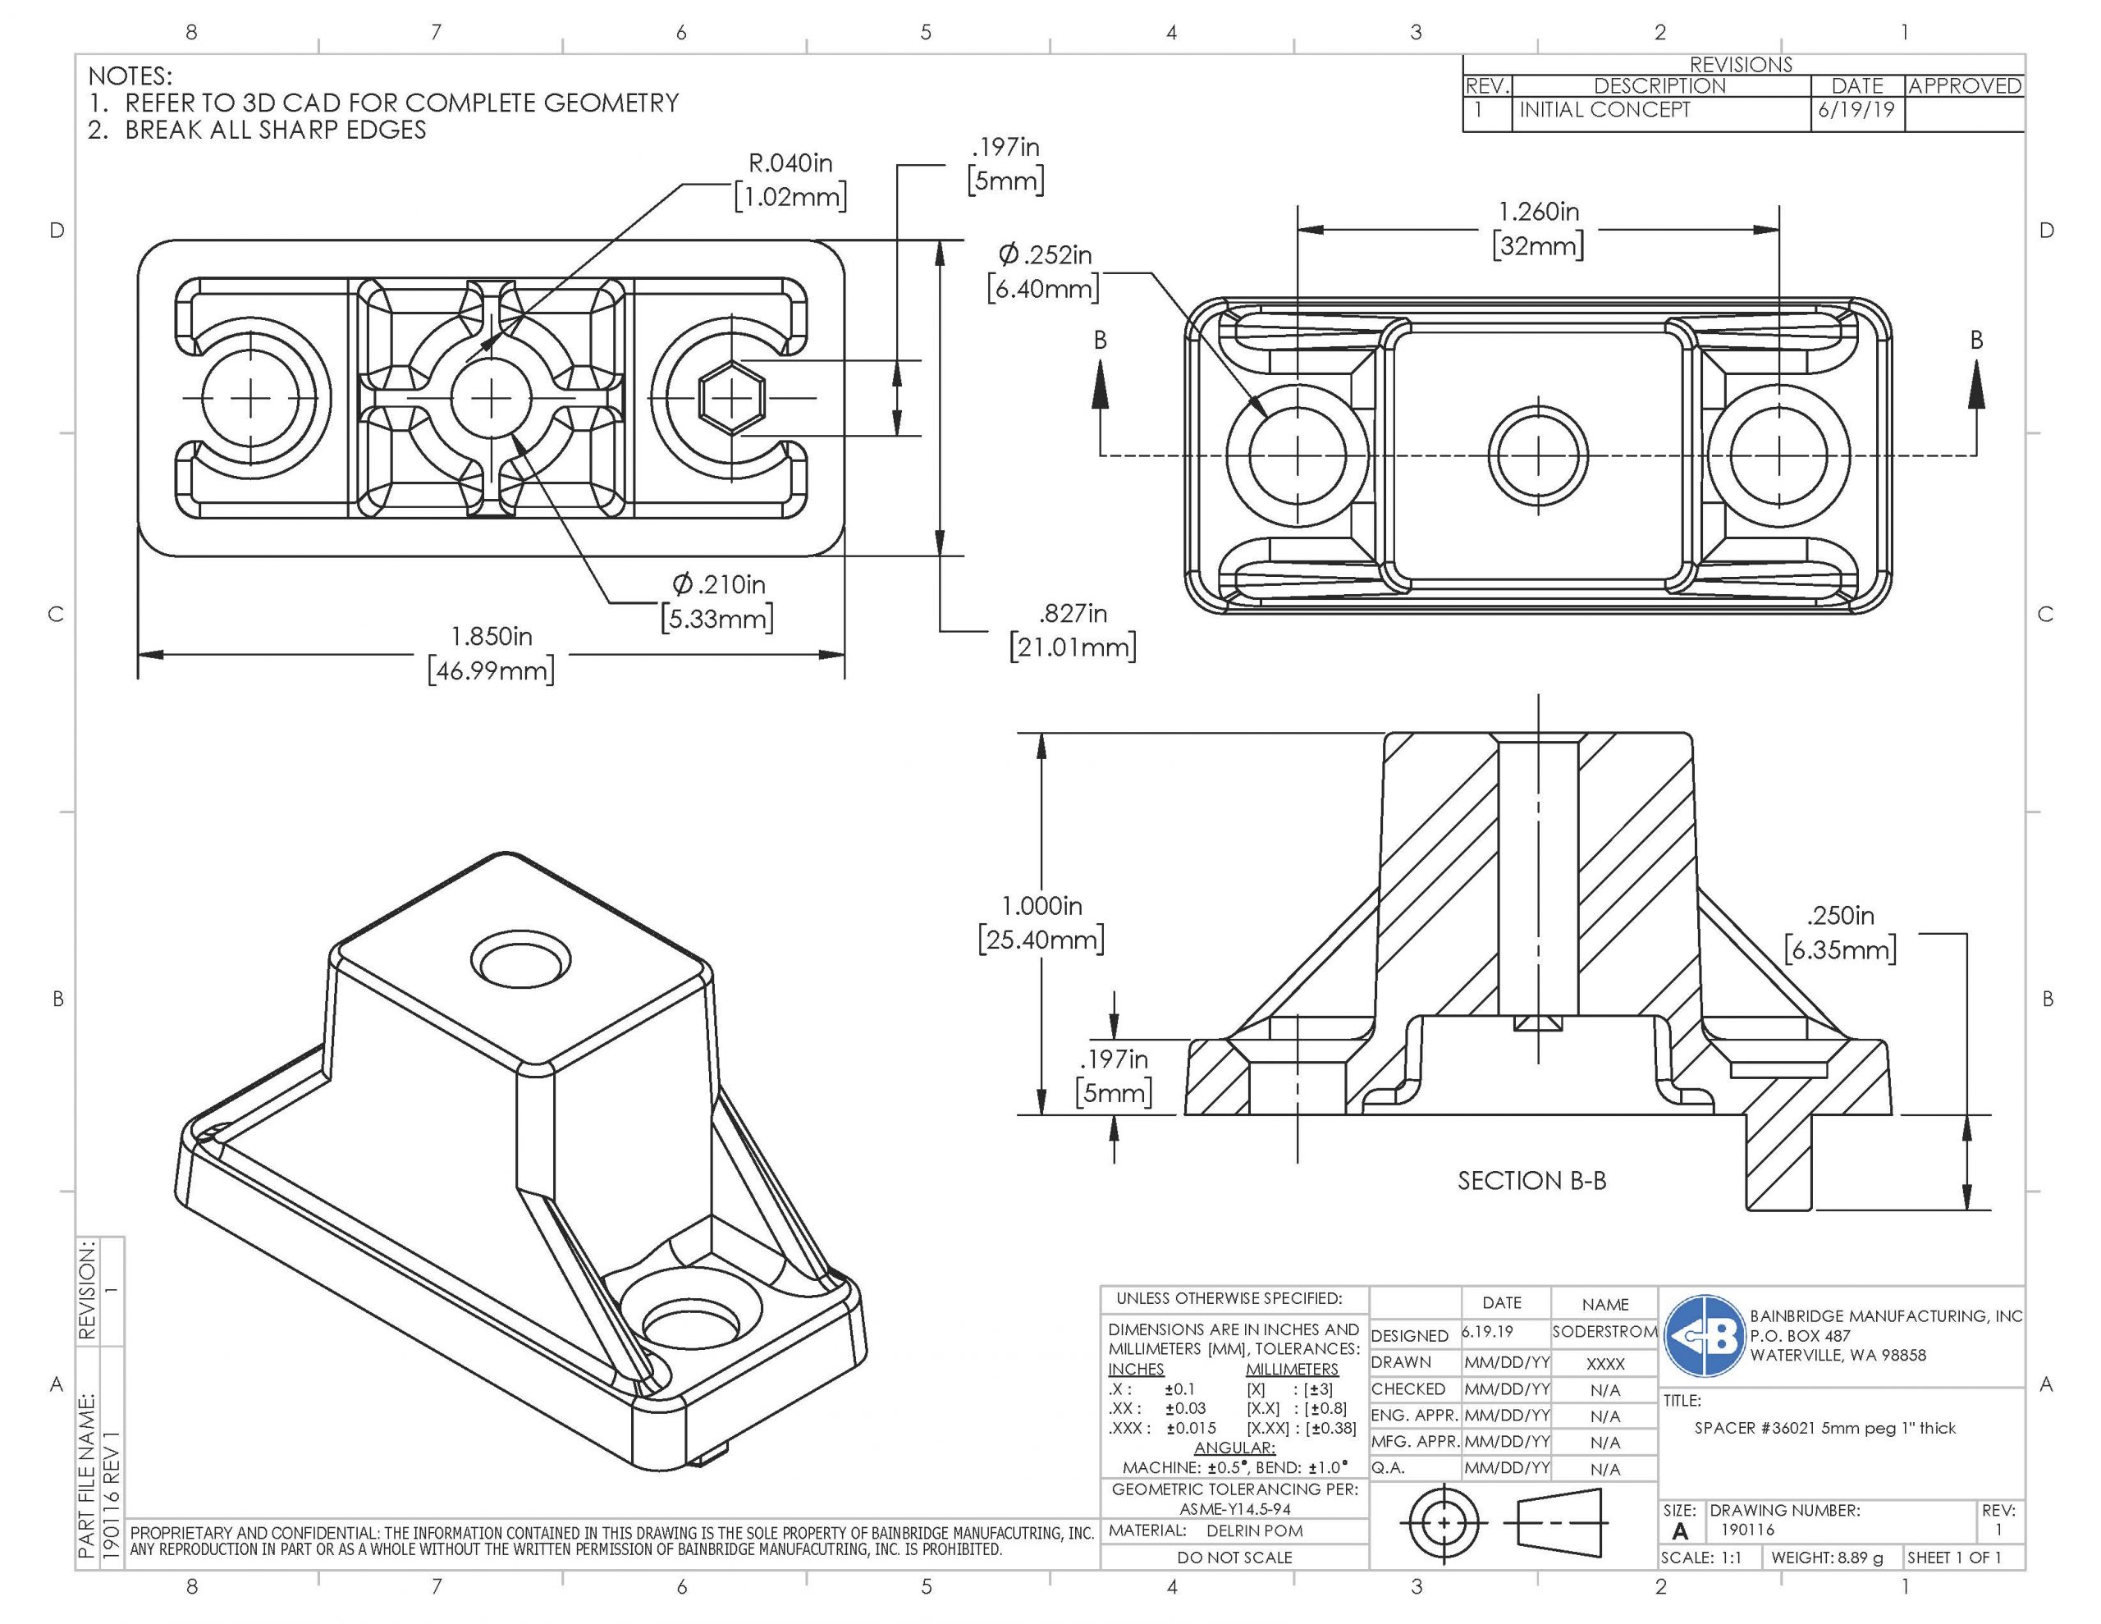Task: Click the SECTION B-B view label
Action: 1531,1181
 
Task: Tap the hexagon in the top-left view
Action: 731,396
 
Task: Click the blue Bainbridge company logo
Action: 1705,1335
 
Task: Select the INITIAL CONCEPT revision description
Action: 1604,110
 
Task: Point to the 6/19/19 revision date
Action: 1856,110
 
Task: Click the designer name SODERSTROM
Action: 1604,1333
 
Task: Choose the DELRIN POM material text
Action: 1254,1530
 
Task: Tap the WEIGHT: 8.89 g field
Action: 1827,1558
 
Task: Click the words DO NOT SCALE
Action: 1234,1558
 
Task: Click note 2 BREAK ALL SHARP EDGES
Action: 274,130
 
